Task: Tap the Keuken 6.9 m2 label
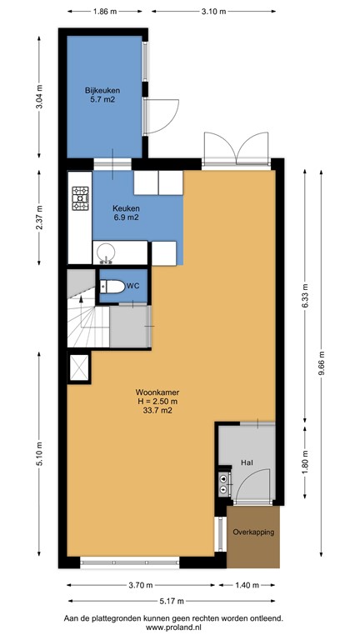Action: tap(127, 212)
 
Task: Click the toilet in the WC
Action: tap(112, 287)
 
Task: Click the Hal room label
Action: tap(247, 461)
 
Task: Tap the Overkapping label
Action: tap(254, 532)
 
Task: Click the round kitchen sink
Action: tap(106, 252)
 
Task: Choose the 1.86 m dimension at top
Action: tap(104, 12)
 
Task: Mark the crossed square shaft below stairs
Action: tap(79, 366)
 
